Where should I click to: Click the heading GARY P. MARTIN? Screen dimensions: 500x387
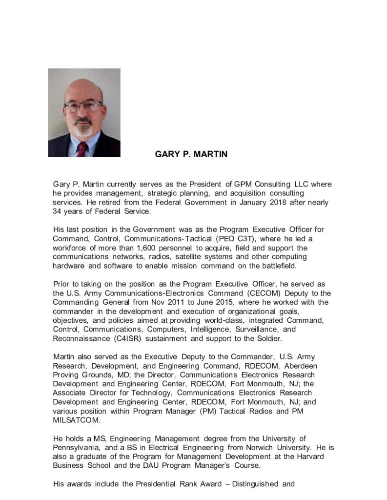(x=191, y=154)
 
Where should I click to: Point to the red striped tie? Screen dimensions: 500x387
(x=82, y=149)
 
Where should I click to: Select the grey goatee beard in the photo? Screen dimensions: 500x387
(x=83, y=130)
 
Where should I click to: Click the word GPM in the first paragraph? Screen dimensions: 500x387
(x=243, y=184)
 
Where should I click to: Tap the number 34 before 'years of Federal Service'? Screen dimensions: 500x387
(x=58, y=211)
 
